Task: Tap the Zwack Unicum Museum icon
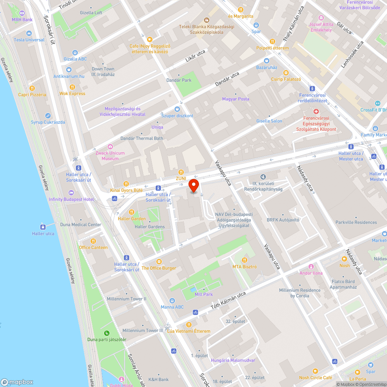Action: click(x=110, y=146)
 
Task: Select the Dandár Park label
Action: click(x=179, y=80)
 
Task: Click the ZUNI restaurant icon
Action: click(x=181, y=172)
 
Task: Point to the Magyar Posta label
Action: click(x=236, y=99)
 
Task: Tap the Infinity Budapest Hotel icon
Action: click(x=71, y=193)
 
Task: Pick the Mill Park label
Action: click(x=204, y=295)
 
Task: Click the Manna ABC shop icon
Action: click(x=172, y=301)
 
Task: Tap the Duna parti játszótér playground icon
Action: click(x=106, y=333)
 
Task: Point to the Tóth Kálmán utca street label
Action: click(x=228, y=301)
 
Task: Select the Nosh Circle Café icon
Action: click(x=315, y=371)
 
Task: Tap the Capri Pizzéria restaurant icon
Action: click(x=32, y=88)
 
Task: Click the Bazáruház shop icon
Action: click(x=267, y=61)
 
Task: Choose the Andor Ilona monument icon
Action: click(x=311, y=267)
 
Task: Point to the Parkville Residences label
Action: click(x=356, y=223)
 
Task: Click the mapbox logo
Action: click(x=17, y=382)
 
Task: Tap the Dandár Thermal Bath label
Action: click(x=142, y=139)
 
